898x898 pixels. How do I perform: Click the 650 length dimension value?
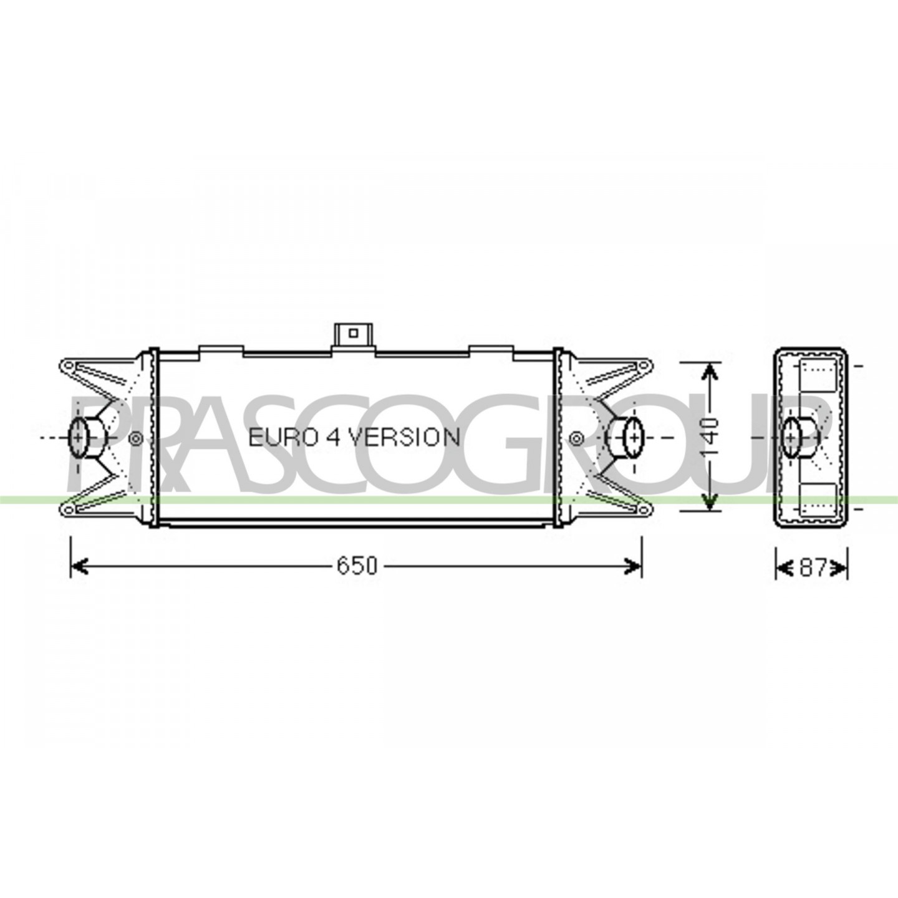(357, 566)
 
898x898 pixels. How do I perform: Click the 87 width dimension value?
(813, 567)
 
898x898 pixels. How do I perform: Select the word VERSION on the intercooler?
(405, 437)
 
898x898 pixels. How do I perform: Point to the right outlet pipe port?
(627, 438)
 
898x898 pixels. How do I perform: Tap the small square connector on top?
(353, 333)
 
